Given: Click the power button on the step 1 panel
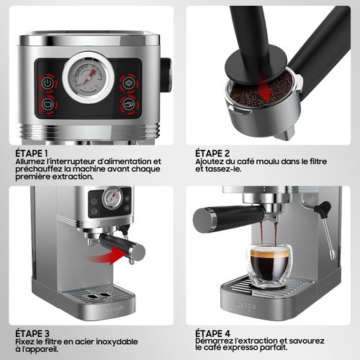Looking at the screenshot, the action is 48,84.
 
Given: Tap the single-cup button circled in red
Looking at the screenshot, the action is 48,104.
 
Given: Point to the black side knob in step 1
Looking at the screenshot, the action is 166,75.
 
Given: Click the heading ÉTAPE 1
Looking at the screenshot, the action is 32,153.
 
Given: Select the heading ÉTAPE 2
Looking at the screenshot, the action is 212,153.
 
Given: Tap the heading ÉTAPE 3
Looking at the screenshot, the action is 32,333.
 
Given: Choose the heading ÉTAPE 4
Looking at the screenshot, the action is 212,333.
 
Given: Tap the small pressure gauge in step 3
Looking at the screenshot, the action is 112,198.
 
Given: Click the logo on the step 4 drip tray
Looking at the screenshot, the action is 246,305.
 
